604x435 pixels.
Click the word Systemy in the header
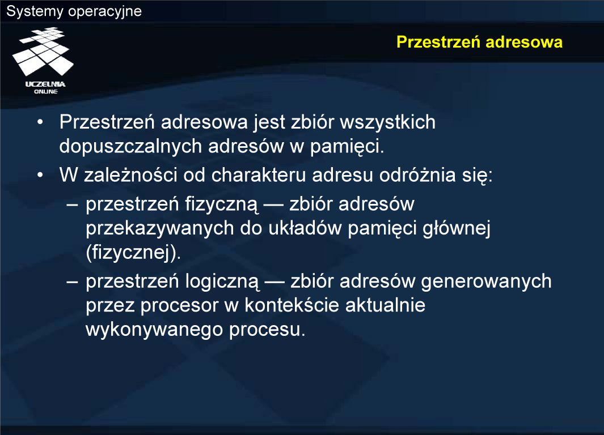[x=35, y=11]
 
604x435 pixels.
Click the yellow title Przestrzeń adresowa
[x=479, y=42]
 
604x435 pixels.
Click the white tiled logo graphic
[x=43, y=51]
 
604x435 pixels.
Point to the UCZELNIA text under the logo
[x=45, y=84]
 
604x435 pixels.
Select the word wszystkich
[x=387, y=123]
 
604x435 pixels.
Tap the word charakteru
[x=259, y=176]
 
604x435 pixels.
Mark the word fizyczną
[x=221, y=204]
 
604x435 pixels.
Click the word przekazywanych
[x=160, y=228]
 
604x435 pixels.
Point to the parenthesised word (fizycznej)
[x=133, y=253]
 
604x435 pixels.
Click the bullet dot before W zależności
[x=40, y=175]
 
